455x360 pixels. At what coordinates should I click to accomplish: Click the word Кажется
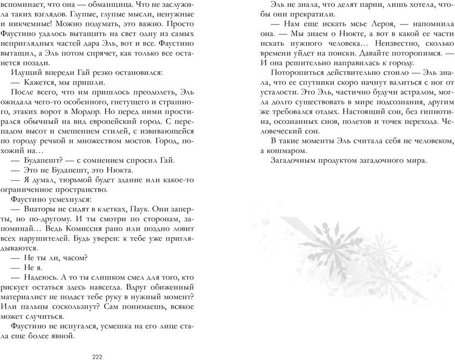pyautogui.click(x=35, y=82)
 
